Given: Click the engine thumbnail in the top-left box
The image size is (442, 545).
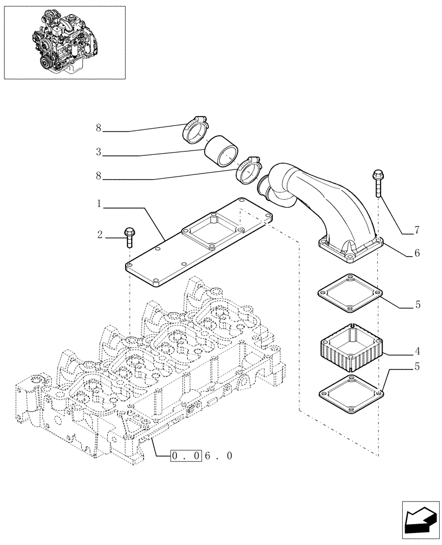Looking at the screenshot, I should tap(65, 42).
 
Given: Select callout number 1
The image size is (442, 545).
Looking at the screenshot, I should tap(99, 203).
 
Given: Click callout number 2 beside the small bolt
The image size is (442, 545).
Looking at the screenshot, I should tap(100, 235).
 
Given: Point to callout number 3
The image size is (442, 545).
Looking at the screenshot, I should tap(99, 152).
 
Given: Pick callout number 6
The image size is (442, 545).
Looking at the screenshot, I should tap(418, 253).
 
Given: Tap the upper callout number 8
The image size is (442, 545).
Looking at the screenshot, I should tap(99, 128).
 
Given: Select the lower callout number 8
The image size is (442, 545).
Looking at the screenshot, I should tap(99, 176).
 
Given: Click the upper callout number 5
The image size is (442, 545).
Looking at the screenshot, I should tap(418, 305).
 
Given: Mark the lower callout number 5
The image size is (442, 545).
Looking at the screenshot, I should tap(418, 367).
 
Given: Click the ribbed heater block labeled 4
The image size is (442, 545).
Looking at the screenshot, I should tap(351, 351).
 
